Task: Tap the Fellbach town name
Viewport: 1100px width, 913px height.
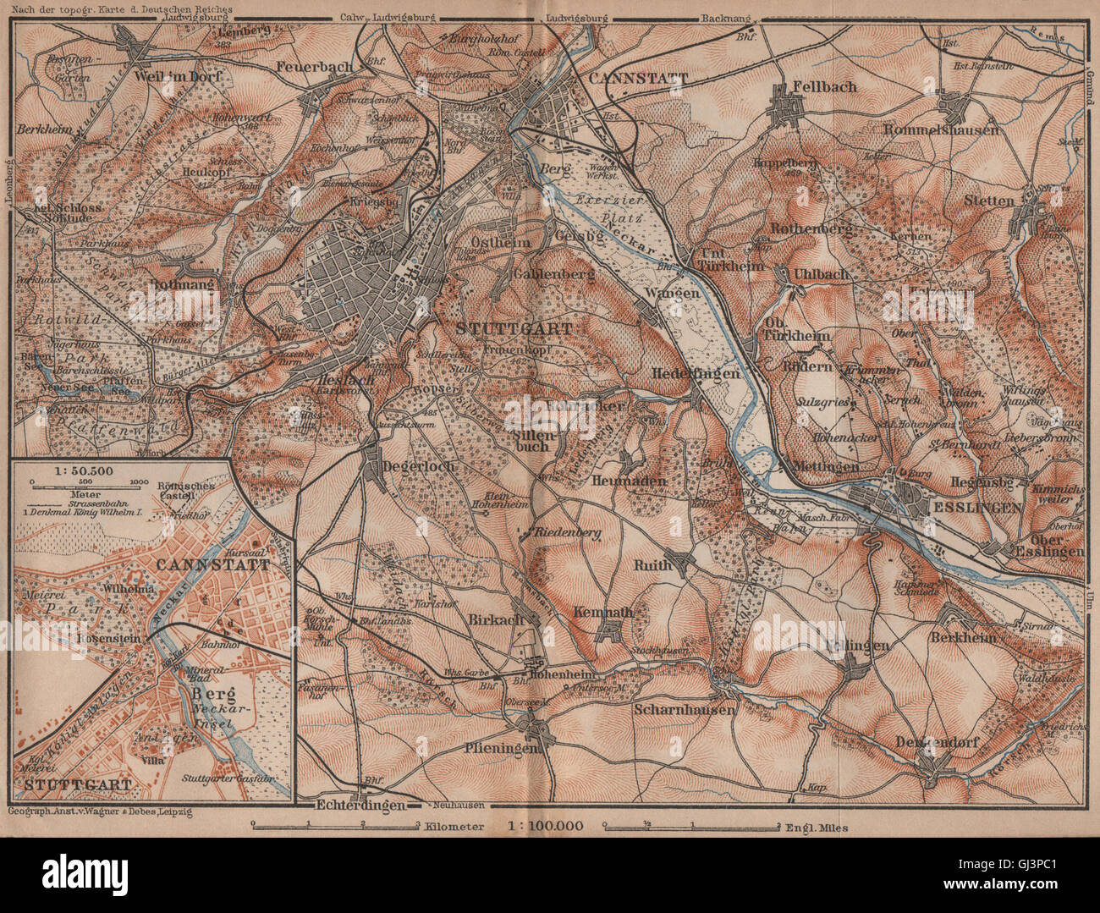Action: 825,86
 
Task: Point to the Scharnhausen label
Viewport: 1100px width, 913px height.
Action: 685,710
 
